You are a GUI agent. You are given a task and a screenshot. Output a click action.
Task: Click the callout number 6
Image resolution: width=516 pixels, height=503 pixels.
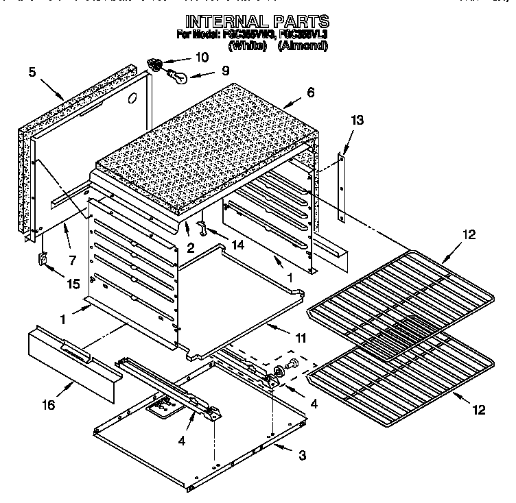pyautogui.click(x=311, y=93)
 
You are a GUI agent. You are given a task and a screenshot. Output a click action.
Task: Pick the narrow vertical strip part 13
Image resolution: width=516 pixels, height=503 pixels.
pyautogui.click(x=341, y=187)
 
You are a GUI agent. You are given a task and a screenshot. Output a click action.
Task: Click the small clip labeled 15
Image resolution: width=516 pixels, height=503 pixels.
pyautogui.click(x=41, y=260)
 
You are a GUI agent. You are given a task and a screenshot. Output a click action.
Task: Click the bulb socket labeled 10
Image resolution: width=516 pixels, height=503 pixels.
pyautogui.click(x=156, y=65)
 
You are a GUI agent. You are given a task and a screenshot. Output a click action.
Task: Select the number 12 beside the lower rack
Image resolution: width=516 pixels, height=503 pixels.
pyautogui.click(x=478, y=410)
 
